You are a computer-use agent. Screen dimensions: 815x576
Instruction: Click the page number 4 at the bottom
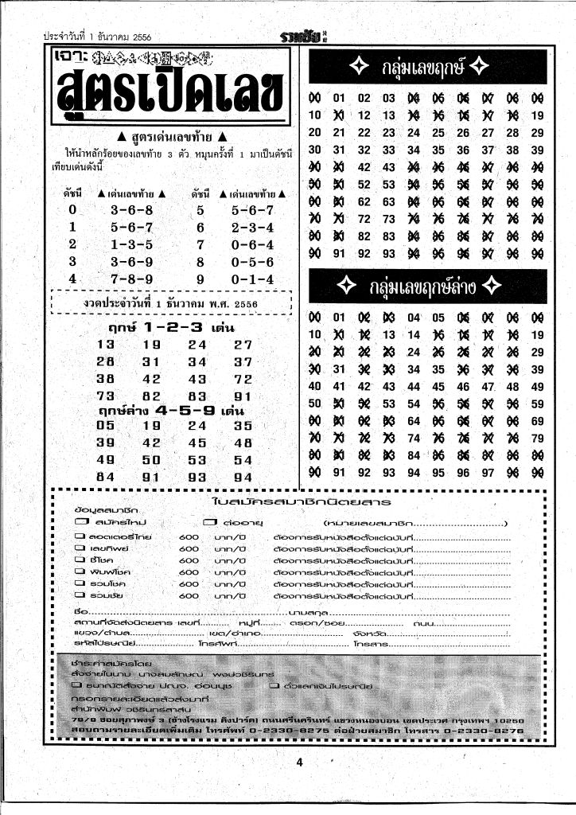(x=300, y=762)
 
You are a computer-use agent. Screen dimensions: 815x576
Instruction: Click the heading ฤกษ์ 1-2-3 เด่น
(x=165, y=327)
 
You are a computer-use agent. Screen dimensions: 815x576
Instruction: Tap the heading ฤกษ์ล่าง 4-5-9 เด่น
(x=170, y=411)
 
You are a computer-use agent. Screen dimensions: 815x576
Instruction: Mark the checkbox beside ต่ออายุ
(x=210, y=521)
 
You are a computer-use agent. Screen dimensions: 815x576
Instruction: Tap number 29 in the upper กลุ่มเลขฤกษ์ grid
(x=537, y=133)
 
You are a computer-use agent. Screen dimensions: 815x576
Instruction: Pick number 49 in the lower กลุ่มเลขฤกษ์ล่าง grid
(x=537, y=387)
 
